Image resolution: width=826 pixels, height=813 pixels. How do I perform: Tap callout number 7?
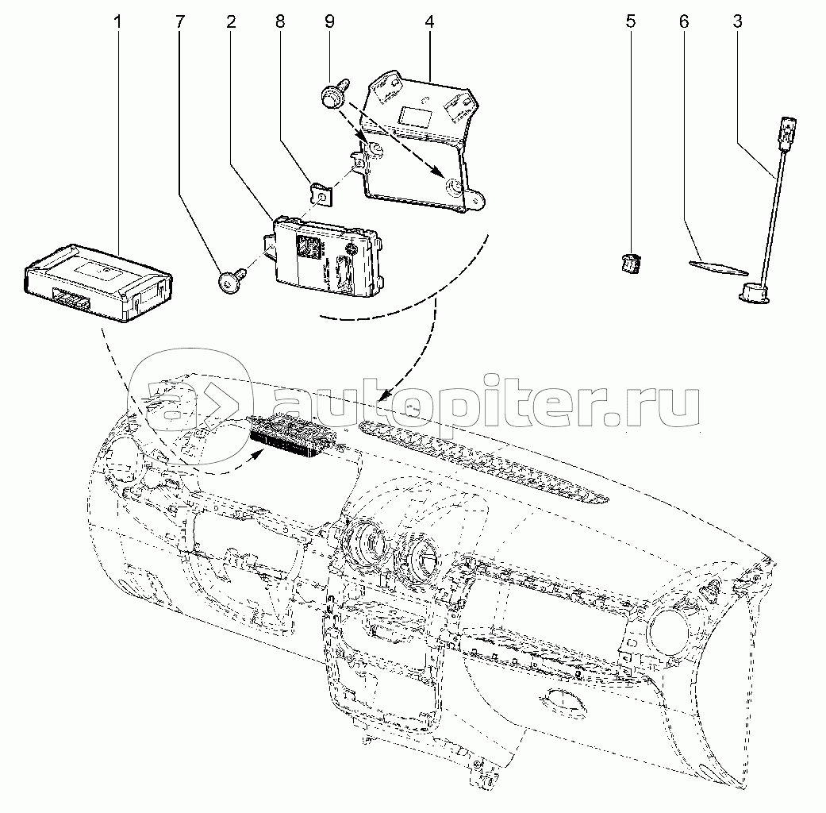click(179, 21)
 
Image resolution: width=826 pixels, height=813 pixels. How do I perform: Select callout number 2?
click(231, 21)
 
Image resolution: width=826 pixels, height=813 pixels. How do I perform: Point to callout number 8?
click(279, 21)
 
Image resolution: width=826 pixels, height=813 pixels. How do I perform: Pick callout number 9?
click(329, 21)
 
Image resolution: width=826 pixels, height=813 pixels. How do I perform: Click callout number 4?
click(429, 21)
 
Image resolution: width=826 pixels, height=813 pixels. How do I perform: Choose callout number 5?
click(631, 21)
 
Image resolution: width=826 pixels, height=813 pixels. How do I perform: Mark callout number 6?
click(683, 21)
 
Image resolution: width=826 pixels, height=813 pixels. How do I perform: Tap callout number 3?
click(737, 21)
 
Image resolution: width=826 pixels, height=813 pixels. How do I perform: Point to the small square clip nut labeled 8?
click(321, 191)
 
